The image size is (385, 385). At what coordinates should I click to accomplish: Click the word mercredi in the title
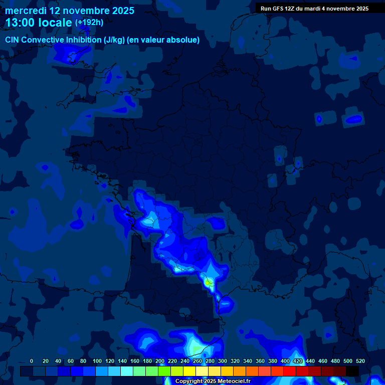(26, 11)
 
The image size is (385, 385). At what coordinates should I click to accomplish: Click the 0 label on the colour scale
(32, 361)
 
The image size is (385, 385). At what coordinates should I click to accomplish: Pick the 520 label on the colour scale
(360, 361)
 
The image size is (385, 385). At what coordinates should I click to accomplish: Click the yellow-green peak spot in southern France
(207, 283)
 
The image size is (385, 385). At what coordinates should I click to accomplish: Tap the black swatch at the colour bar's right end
(352, 371)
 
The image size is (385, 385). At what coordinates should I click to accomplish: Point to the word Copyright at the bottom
(188, 381)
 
